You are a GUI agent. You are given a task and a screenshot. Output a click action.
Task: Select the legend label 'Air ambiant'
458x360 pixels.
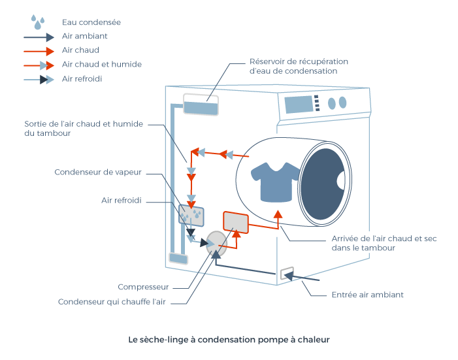click(84, 37)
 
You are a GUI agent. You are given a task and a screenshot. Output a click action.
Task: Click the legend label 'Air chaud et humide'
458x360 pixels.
click(101, 64)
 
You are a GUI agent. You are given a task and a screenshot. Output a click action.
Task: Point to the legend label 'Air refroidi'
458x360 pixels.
click(82, 78)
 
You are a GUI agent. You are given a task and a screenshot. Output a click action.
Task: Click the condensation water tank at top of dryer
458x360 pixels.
click(201, 105)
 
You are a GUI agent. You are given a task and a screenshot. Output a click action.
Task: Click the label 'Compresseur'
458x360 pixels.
click(143, 287)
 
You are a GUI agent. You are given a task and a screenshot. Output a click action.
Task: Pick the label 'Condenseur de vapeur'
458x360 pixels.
click(97, 172)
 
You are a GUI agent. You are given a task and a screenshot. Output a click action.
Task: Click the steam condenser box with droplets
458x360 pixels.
click(191, 215)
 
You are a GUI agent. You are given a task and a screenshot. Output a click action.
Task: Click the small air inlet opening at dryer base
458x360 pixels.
click(286, 274)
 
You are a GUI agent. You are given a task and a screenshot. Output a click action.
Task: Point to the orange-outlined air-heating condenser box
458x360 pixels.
click(236, 222)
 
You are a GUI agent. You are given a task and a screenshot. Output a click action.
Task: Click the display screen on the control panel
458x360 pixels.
click(297, 104)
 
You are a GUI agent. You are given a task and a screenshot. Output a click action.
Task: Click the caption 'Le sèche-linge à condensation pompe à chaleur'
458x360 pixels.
click(229, 340)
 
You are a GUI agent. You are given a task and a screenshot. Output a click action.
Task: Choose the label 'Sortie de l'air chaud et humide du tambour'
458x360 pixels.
click(83, 128)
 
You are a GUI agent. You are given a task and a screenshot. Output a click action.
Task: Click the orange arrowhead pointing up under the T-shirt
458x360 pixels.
click(278, 214)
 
